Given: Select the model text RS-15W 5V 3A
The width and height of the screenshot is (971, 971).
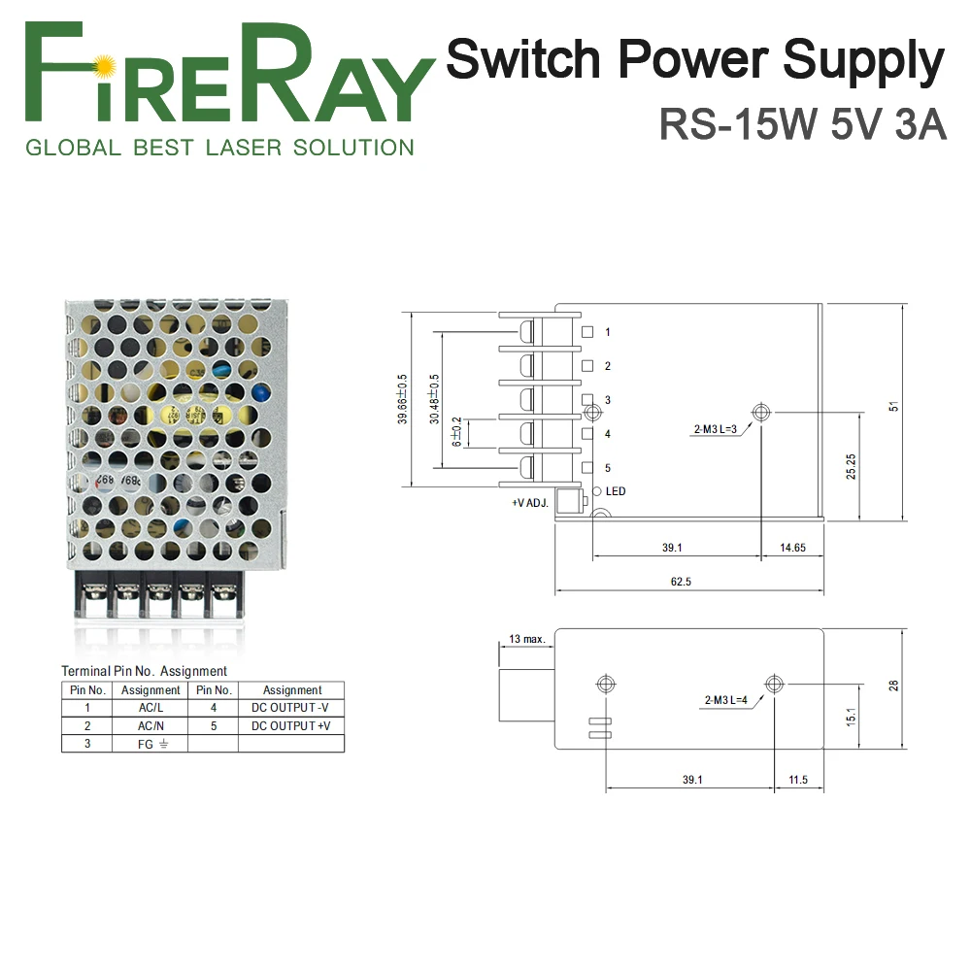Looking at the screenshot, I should [802, 124].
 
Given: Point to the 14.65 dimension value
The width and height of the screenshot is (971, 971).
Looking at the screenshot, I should [792, 548].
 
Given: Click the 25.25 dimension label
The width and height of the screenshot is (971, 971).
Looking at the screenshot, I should [851, 466].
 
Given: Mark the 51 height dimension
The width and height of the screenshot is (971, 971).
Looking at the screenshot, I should [894, 406].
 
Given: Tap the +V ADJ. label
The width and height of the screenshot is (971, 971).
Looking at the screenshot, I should [531, 504].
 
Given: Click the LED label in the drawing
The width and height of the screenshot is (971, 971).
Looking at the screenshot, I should [616, 491].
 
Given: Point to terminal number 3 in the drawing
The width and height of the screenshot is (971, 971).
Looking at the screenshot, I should [607, 400].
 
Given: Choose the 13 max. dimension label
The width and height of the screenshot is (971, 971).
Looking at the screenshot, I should [526, 639].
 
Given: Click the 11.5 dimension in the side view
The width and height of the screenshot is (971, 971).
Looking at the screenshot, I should [798, 780].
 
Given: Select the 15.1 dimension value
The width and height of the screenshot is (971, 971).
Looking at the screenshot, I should [851, 717].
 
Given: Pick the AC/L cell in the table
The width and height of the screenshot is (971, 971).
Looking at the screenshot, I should [151, 708].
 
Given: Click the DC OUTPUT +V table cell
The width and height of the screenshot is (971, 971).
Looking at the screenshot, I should [291, 725].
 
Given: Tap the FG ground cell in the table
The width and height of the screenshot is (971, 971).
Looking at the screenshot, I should [151, 744].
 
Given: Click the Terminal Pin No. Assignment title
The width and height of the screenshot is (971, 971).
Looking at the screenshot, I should [144, 671].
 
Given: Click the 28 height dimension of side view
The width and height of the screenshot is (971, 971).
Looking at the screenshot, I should [894, 686].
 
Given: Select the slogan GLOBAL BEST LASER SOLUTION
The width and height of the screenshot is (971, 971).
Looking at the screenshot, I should [219, 148].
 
